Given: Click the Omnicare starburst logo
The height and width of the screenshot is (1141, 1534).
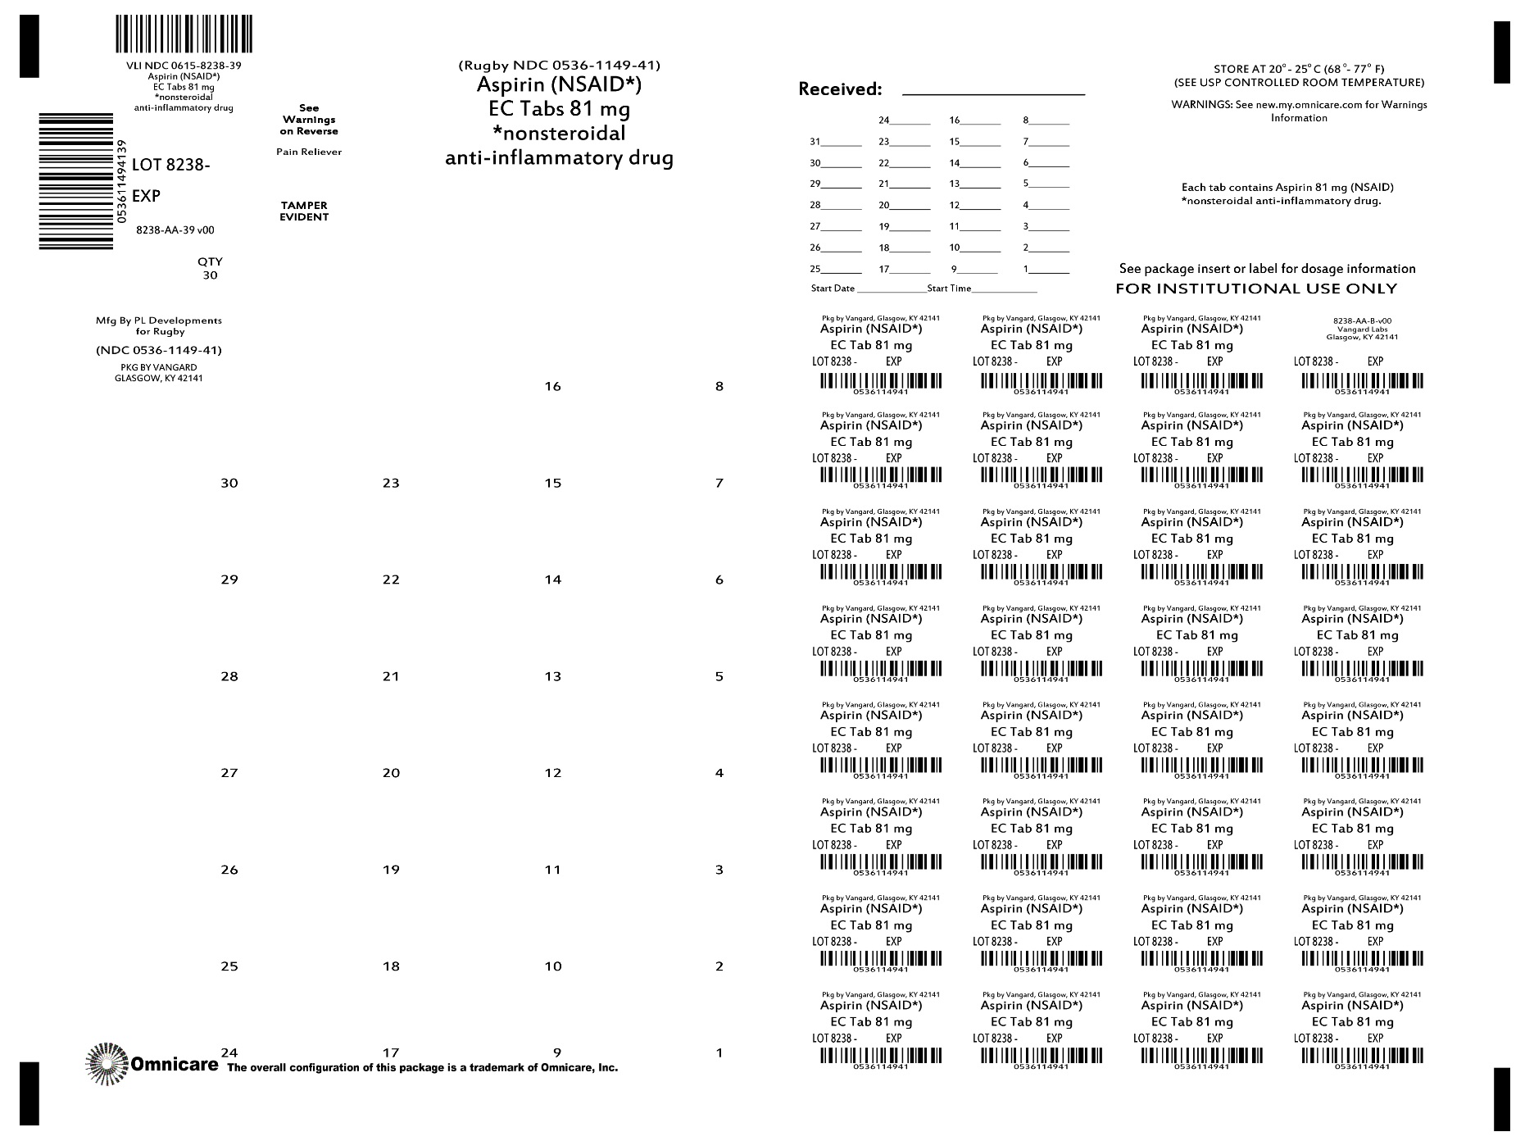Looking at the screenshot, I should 107,1064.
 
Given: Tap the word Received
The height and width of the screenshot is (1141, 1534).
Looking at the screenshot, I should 840,89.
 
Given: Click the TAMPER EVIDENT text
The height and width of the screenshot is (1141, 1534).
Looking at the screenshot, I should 304,211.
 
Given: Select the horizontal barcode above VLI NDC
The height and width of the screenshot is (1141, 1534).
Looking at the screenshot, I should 183,34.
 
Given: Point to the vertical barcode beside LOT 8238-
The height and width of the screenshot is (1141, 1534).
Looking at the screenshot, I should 76,180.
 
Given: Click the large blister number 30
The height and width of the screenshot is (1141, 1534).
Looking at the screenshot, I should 229,484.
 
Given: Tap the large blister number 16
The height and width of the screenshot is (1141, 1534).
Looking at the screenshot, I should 553,387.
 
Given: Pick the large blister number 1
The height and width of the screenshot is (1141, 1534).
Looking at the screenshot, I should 719,1053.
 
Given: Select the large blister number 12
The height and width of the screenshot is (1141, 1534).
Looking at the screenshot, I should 553,773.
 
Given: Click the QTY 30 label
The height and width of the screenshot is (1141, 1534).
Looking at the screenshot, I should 210,269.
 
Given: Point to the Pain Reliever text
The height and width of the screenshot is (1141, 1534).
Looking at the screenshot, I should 309,152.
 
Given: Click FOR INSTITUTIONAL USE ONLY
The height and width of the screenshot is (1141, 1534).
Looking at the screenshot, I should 1256,289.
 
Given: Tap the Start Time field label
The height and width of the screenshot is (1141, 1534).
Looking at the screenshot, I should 949,289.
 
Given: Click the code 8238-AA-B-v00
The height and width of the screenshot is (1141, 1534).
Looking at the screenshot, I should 1362,321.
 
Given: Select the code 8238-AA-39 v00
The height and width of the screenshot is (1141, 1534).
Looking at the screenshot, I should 175,231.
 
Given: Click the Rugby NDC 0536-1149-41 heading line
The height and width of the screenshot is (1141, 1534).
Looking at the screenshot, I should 560,66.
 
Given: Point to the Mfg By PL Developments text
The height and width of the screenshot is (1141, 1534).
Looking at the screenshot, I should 159,320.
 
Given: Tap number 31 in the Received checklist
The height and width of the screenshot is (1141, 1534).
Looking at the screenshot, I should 815,142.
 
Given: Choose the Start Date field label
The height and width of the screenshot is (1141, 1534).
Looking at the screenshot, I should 833,289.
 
